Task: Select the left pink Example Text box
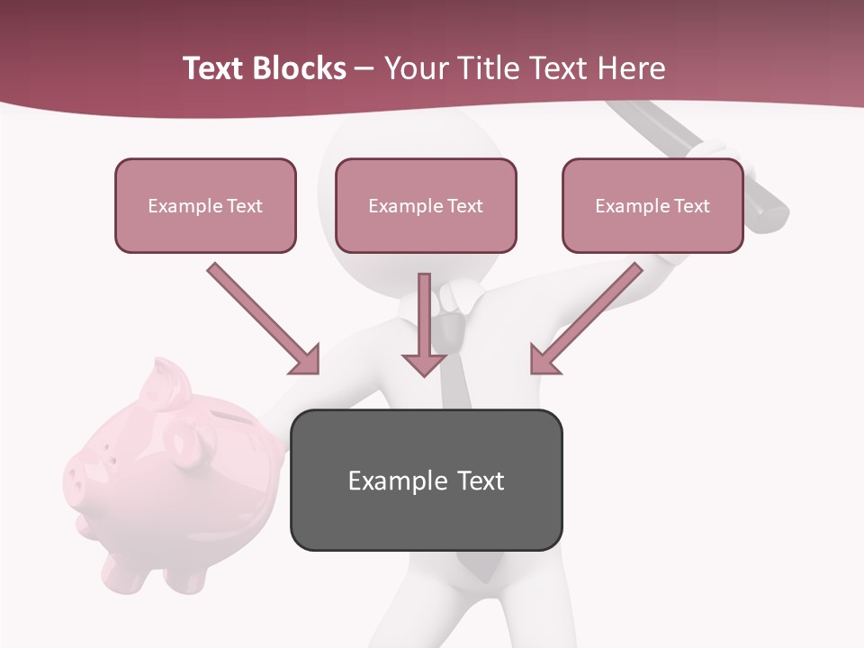[x=205, y=205]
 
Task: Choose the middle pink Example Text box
[x=426, y=205]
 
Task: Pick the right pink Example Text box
[x=652, y=205]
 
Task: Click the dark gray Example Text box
[x=426, y=480]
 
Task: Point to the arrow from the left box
[x=261, y=317]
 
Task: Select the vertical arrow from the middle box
[x=424, y=315]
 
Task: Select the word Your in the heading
[x=416, y=68]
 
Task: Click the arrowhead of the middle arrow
[x=424, y=364]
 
